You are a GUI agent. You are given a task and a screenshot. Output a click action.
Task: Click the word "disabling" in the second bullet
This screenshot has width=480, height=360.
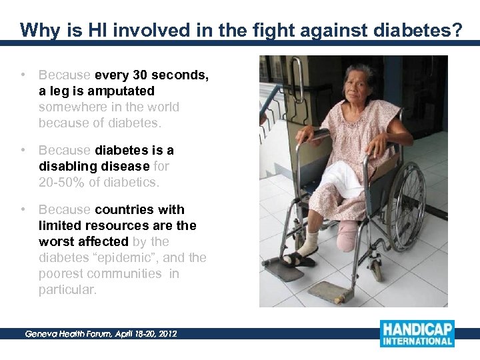pyautogui.click(x=65, y=166)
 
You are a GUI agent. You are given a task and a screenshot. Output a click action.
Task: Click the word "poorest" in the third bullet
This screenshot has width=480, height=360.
pyautogui.click(x=62, y=273)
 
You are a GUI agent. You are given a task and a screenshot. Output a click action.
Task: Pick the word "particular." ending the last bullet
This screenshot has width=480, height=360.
pyautogui.click(x=67, y=289)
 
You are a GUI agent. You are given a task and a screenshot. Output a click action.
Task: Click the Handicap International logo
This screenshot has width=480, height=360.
pyautogui.click(x=417, y=334)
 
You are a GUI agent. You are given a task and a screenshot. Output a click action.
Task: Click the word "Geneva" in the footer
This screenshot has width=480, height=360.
pyautogui.click(x=42, y=333)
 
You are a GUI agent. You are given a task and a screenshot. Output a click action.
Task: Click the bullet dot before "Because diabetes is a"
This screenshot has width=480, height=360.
pyautogui.click(x=23, y=151)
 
